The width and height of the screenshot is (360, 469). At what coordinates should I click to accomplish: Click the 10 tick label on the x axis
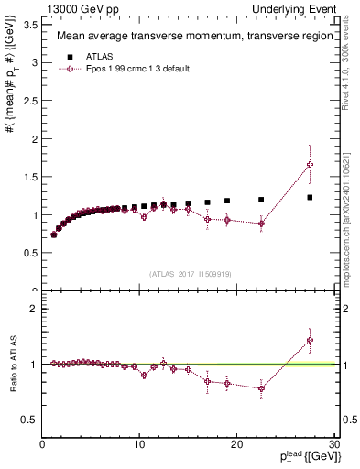(x=139, y=446)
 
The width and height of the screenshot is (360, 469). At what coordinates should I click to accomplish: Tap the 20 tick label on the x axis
(x=236, y=446)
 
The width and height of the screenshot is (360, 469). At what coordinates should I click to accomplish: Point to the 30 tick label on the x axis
(x=333, y=446)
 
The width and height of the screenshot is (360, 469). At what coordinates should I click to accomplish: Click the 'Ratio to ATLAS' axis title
(x=12, y=365)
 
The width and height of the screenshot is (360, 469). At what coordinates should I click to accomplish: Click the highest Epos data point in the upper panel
(x=310, y=165)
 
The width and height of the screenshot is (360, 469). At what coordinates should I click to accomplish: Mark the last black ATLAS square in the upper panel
(x=310, y=197)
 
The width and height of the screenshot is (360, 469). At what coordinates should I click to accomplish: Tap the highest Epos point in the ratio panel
(x=310, y=340)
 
